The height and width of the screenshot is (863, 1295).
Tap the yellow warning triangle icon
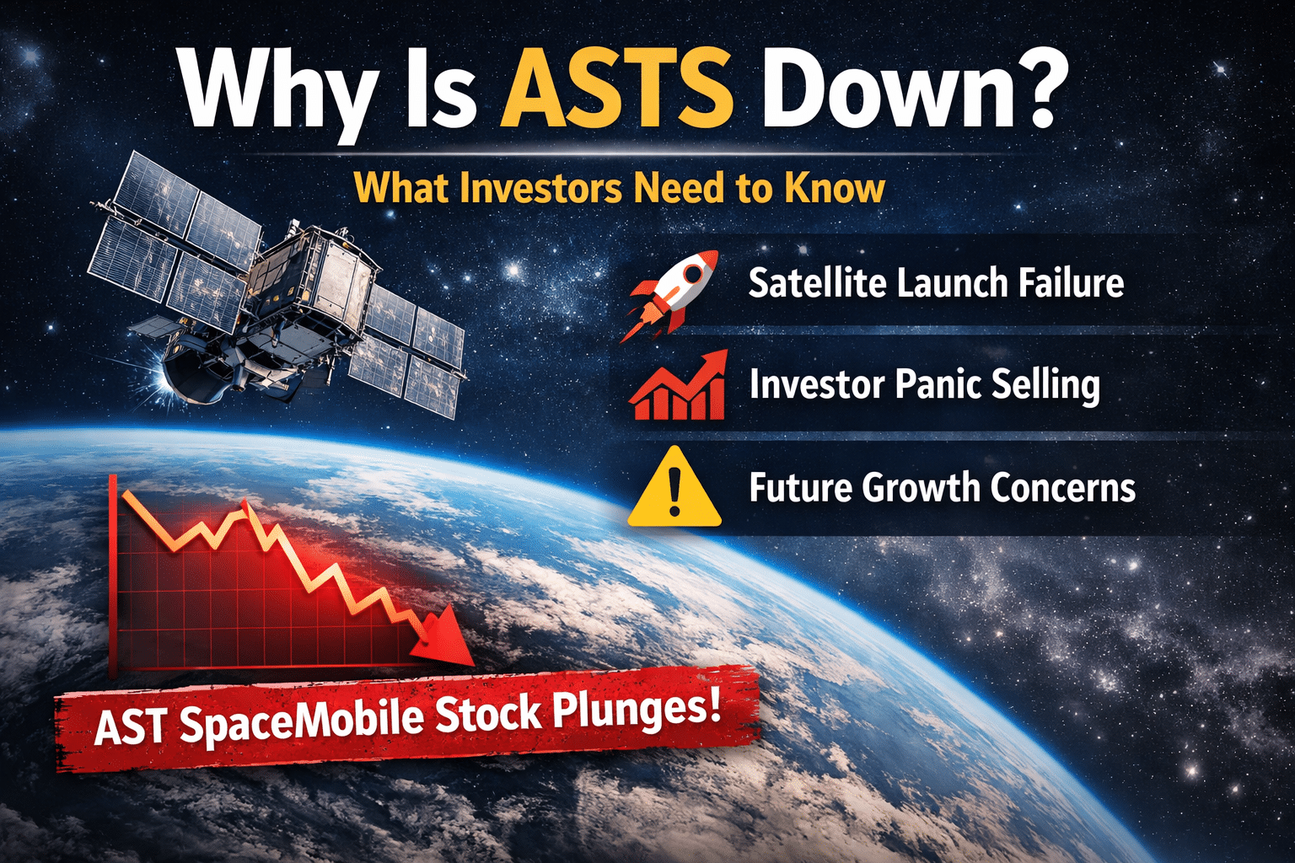[x=674, y=488]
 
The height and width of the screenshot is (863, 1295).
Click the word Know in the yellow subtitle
[x=835, y=188]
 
